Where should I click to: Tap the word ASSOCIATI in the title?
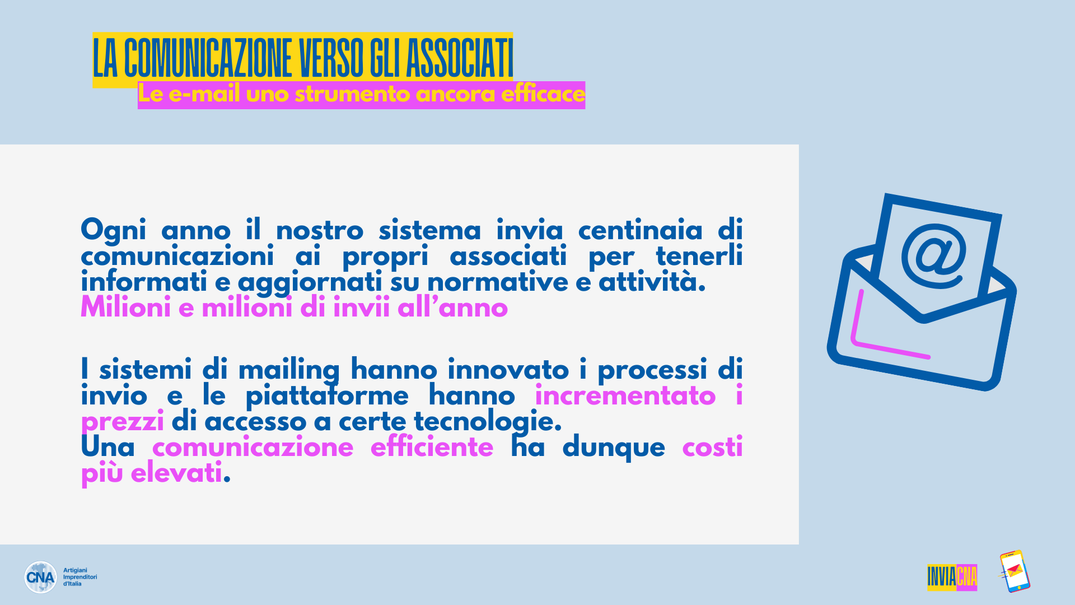tap(459, 58)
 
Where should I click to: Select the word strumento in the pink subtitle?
tap(353, 94)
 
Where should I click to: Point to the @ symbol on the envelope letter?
tap(934, 256)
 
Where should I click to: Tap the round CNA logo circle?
tap(40, 577)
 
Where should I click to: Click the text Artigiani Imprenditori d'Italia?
tap(80, 577)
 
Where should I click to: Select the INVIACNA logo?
tap(952, 577)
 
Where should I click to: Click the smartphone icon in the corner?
tap(1014, 571)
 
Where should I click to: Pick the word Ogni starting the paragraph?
tap(114, 231)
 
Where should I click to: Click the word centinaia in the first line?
tap(640, 230)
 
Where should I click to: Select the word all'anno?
tap(452, 308)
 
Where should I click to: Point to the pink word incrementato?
tap(625, 396)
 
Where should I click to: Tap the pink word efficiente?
tap(432, 448)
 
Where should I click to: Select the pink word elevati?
tap(176, 473)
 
